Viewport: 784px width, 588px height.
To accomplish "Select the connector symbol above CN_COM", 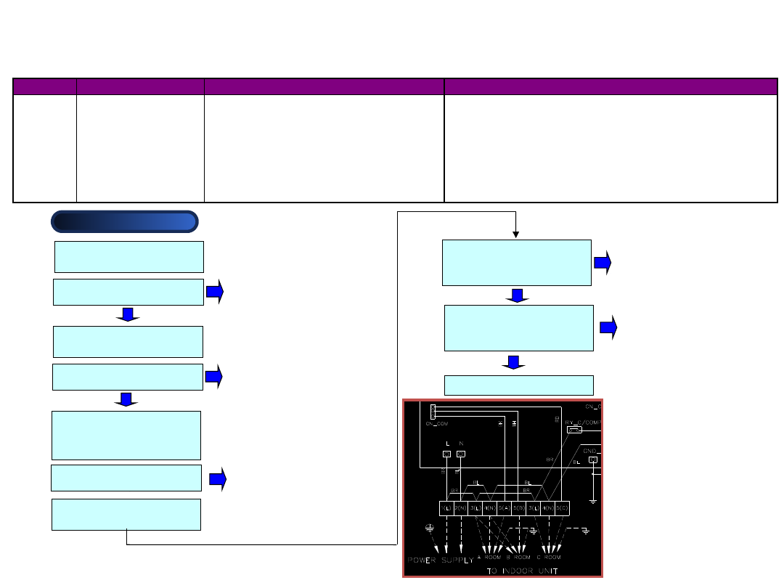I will tap(433, 410).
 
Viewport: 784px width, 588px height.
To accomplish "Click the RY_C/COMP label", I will tap(581, 421).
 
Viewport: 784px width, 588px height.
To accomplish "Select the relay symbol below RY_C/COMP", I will tap(574, 430).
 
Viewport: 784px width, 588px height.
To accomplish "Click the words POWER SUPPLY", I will tap(438, 560).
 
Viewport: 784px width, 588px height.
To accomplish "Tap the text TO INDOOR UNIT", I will tap(534, 571).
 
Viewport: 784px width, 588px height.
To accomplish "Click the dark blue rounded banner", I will tap(124, 221).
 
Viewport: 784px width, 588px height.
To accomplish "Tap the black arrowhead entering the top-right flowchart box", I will tap(515, 234).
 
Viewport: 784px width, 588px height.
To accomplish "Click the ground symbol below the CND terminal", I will tap(593, 499).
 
